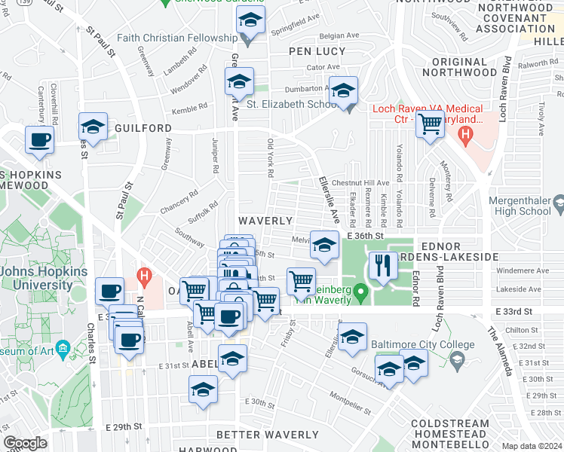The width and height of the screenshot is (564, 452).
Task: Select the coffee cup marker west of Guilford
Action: (39, 139)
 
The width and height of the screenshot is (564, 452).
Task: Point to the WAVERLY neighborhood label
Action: (265, 221)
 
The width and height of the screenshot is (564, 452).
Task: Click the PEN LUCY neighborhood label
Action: (317, 52)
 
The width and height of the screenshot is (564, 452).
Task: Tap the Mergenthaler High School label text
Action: (520, 206)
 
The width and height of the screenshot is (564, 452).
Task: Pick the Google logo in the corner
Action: (25, 443)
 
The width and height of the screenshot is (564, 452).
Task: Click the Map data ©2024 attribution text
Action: (531, 446)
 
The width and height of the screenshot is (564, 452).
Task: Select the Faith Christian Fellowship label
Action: (182, 38)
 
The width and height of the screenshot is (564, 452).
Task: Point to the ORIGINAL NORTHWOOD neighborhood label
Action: (455, 67)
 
